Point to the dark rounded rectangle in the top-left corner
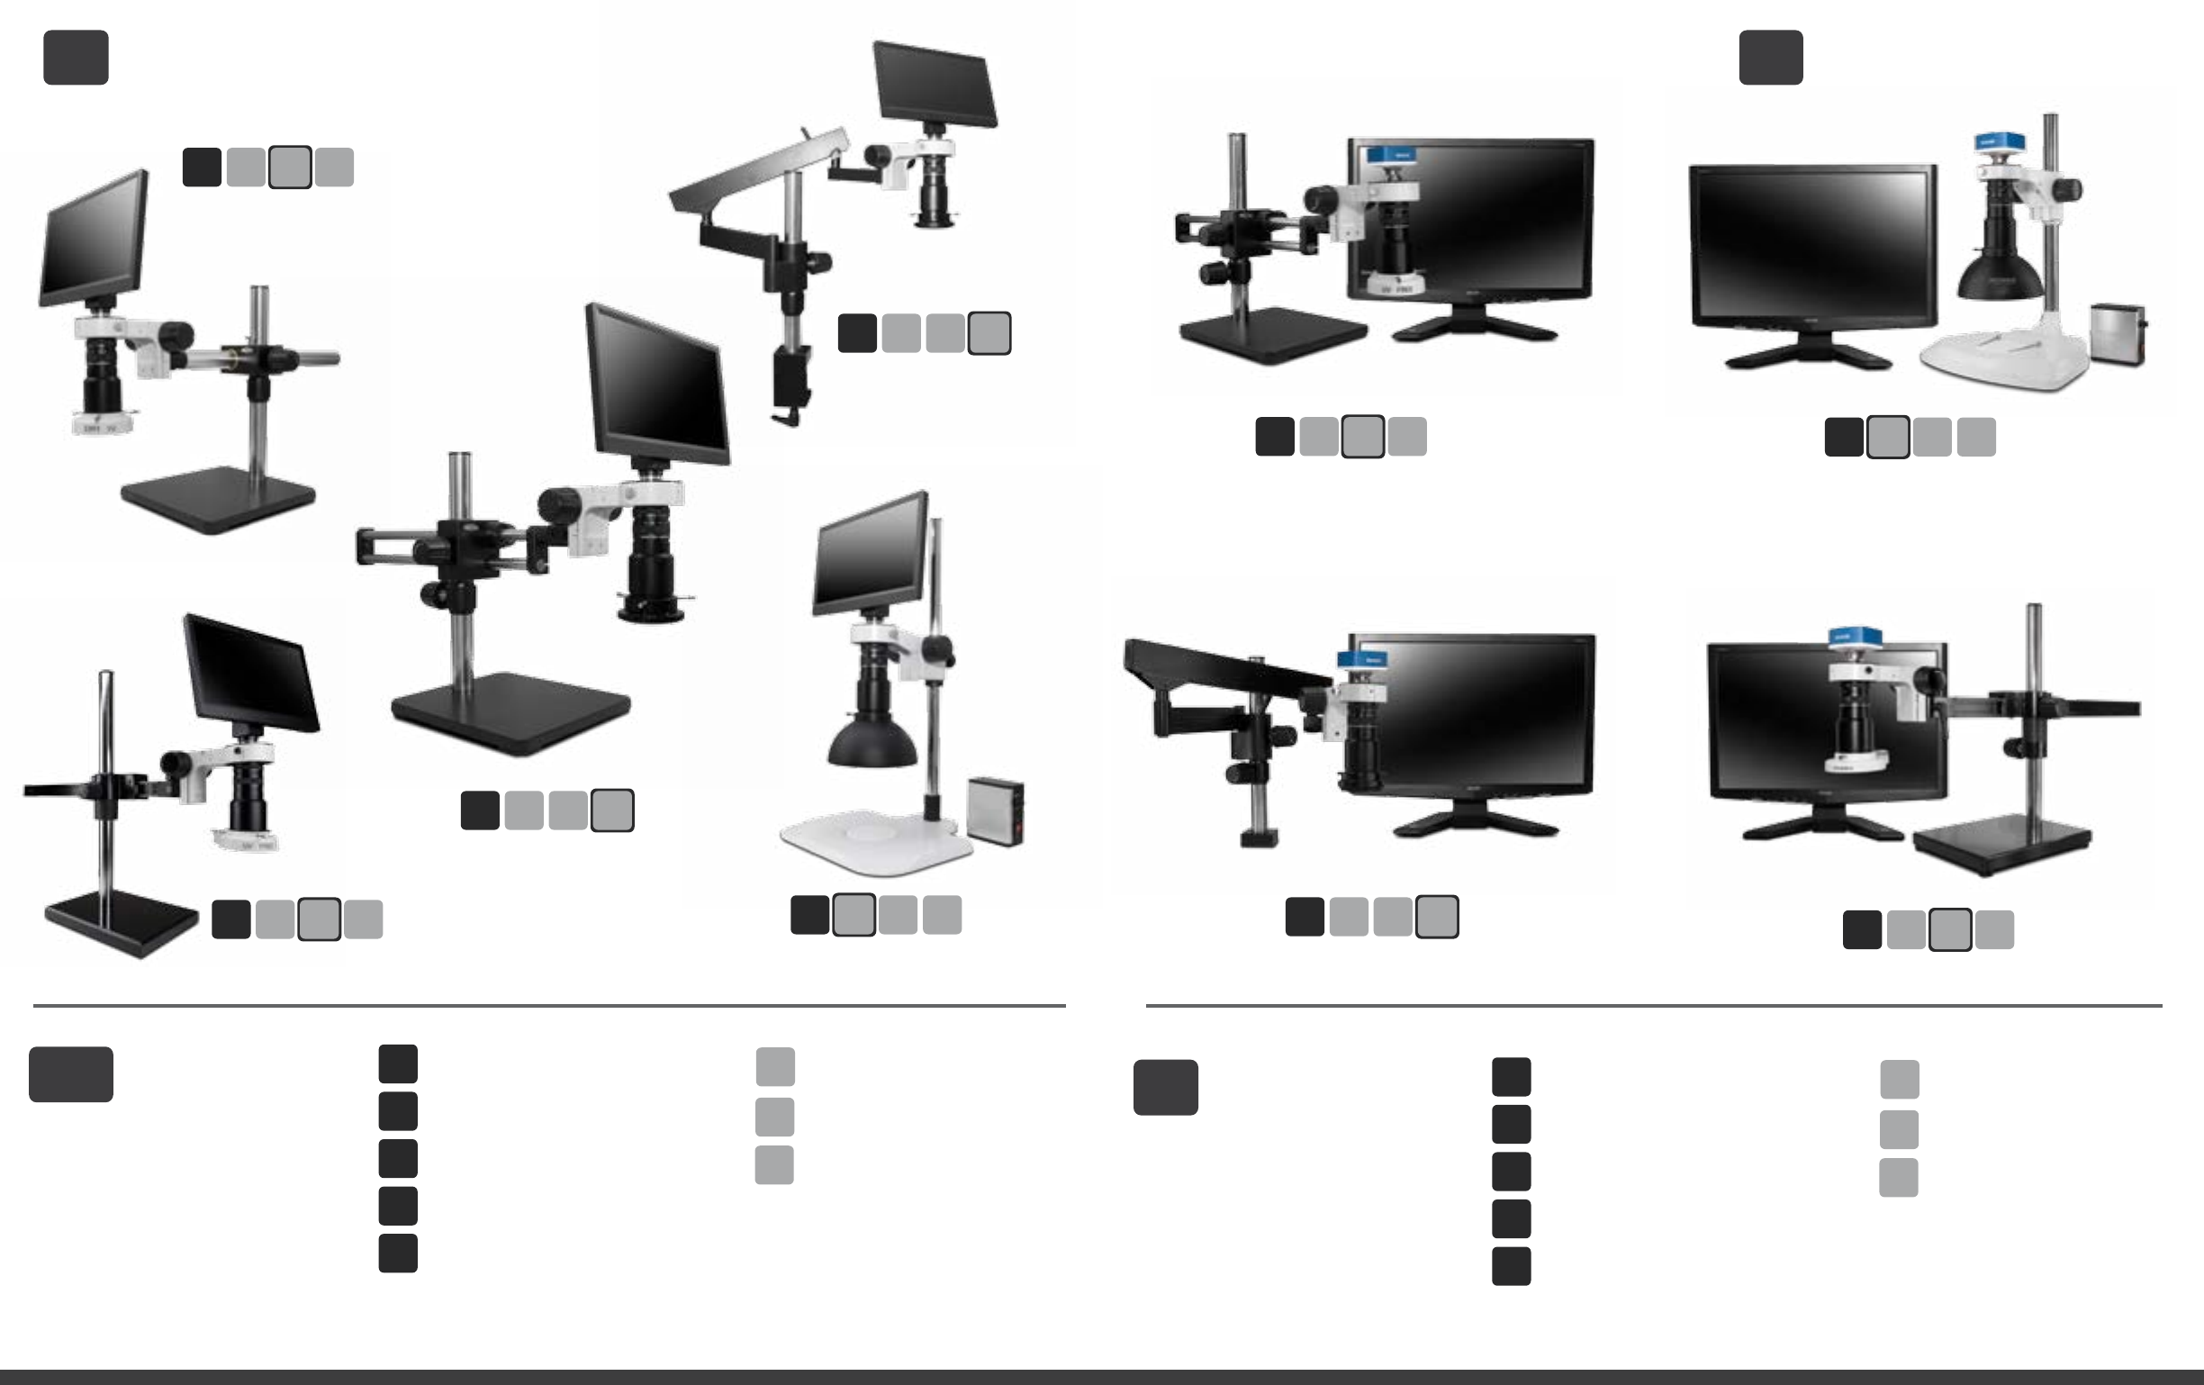76,57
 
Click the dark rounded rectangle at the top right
1770,57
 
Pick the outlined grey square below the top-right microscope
1887,437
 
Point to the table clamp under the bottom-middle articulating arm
1258,837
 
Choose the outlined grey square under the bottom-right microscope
1949,930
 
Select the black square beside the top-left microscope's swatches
203,167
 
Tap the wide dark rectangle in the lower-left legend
70,1073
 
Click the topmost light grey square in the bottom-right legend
1899,1079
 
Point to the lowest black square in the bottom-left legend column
398,1254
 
